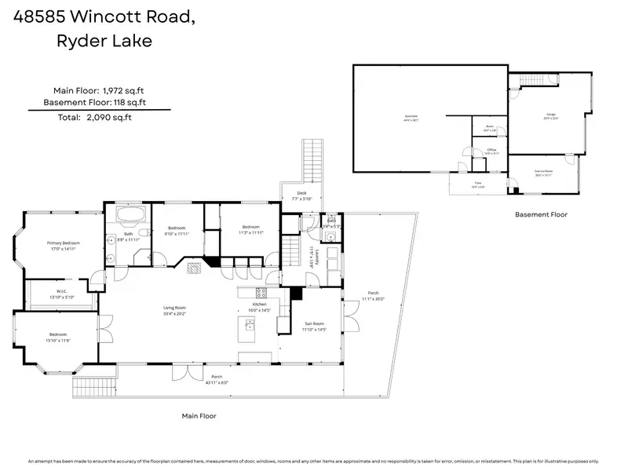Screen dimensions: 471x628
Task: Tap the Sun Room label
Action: [x=314, y=326]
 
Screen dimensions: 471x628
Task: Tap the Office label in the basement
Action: [x=491, y=151]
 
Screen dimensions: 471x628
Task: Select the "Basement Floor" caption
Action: [x=541, y=214]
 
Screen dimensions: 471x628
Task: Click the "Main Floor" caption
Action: [x=199, y=416]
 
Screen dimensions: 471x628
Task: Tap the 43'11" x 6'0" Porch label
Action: [x=216, y=379]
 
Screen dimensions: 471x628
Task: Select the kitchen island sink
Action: [x=250, y=324]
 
